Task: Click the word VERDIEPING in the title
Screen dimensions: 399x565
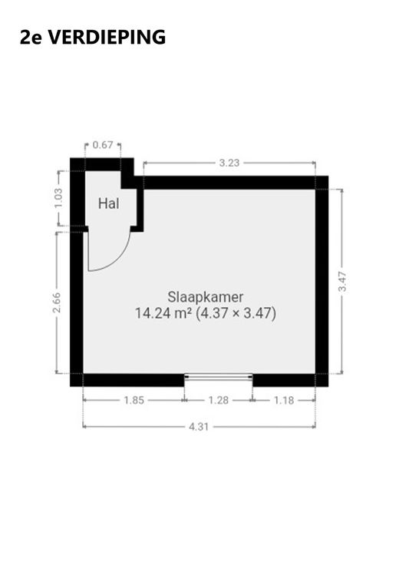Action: click(x=107, y=37)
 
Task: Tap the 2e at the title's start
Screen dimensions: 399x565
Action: click(x=31, y=37)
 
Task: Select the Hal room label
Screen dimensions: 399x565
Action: click(x=109, y=203)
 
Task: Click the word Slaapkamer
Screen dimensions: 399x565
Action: click(x=206, y=297)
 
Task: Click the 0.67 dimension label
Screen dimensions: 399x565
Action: click(x=103, y=145)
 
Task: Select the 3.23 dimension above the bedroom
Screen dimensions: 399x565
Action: click(x=229, y=163)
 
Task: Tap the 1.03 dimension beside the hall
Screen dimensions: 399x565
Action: click(x=59, y=198)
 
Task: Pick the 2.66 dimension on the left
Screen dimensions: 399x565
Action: click(x=57, y=302)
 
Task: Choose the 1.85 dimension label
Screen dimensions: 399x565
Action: click(x=134, y=400)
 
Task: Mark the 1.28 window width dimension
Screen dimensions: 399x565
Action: click(x=219, y=400)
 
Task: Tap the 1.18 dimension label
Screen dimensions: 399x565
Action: click(x=284, y=400)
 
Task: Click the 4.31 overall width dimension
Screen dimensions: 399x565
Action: click(x=199, y=427)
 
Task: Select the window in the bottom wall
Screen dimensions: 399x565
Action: click(x=219, y=377)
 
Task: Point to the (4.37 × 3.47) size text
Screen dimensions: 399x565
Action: click(x=236, y=313)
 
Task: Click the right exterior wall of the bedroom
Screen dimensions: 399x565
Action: click(x=322, y=282)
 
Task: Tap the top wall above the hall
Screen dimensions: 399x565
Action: click(x=102, y=164)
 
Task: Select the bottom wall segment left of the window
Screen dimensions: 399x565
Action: click(x=134, y=380)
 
